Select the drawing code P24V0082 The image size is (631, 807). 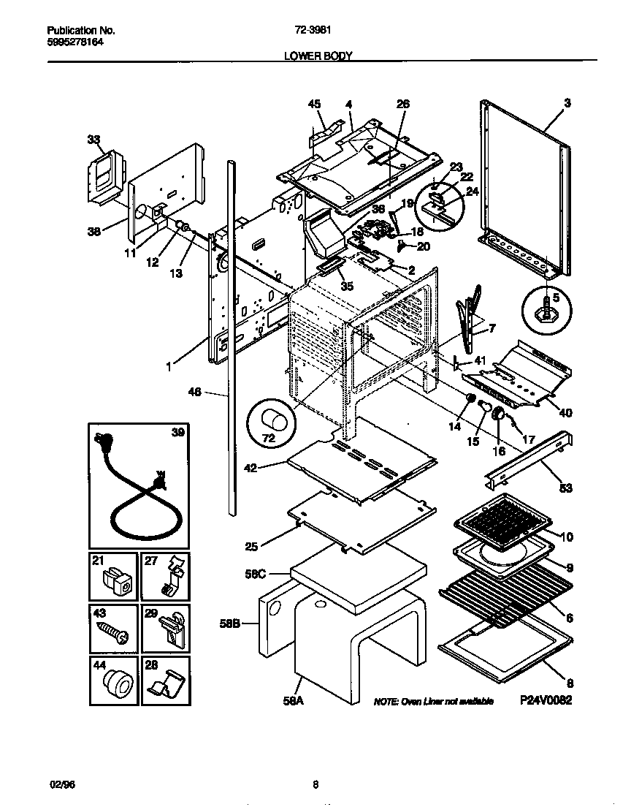[545, 700]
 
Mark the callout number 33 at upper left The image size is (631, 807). [93, 138]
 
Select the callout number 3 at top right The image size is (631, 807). [567, 103]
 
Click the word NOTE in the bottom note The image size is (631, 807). [385, 701]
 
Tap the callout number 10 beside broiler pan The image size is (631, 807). [566, 537]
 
